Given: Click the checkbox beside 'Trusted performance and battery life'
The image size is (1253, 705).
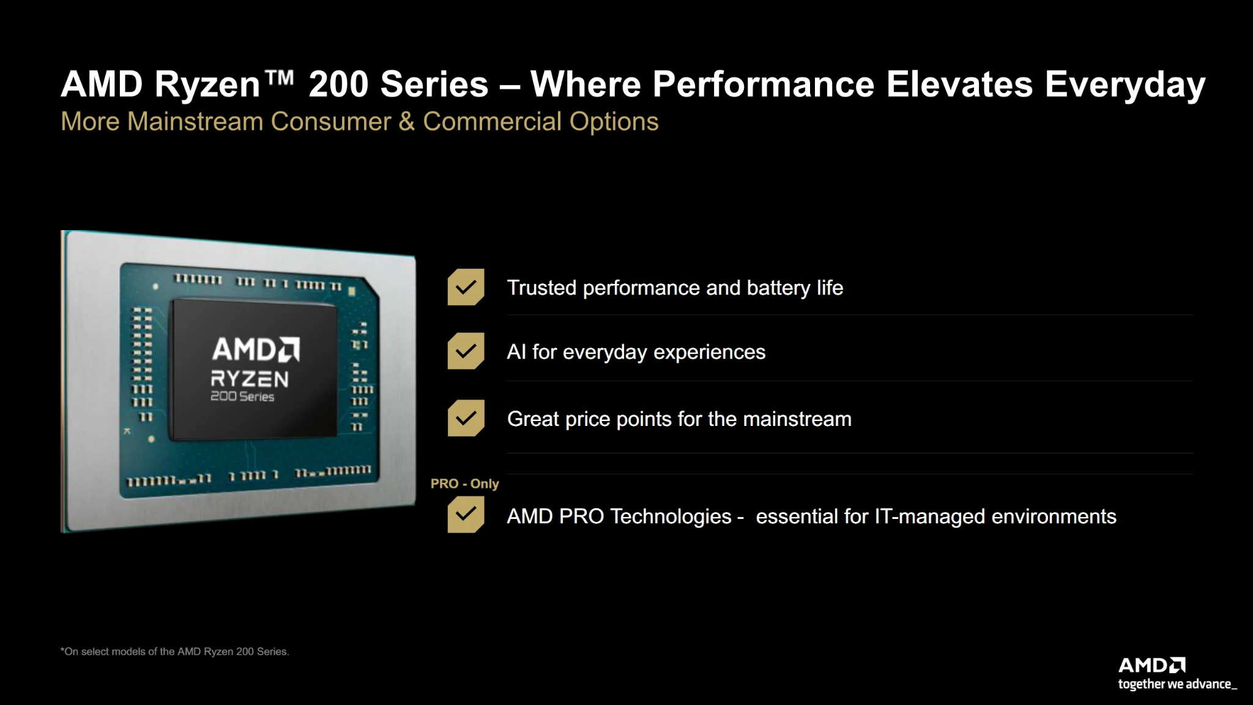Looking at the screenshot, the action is pyautogui.click(x=466, y=287).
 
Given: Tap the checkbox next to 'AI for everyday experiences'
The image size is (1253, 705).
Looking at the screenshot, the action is pyautogui.click(x=466, y=351).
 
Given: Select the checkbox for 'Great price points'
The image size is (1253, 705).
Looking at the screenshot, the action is pyautogui.click(x=466, y=418).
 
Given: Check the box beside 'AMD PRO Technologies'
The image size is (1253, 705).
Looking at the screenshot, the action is pyautogui.click(x=466, y=515).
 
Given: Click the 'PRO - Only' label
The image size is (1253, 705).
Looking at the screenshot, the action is pyautogui.click(x=465, y=483).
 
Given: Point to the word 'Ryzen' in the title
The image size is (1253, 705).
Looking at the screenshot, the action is pyautogui.click(x=208, y=84).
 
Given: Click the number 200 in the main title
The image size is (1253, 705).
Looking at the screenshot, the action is pyautogui.click(x=338, y=84).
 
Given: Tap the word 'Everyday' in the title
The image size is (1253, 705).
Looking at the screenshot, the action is pyautogui.click(x=1125, y=84).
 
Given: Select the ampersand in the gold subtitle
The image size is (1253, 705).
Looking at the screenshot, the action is pyautogui.click(x=407, y=121).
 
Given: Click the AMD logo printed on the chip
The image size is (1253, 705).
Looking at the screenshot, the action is pyautogui.click(x=256, y=349).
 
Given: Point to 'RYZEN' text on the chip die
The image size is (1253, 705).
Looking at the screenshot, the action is pyautogui.click(x=250, y=379).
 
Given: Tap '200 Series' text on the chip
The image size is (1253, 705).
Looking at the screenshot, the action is pyautogui.click(x=242, y=397).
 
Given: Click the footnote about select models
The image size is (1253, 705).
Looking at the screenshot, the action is pyautogui.click(x=175, y=652).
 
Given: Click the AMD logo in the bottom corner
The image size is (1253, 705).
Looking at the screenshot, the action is pyautogui.click(x=1152, y=665).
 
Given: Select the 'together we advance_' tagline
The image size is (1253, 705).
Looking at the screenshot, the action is pyautogui.click(x=1178, y=684).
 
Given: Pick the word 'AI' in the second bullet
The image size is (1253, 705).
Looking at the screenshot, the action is pyautogui.click(x=516, y=352).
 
